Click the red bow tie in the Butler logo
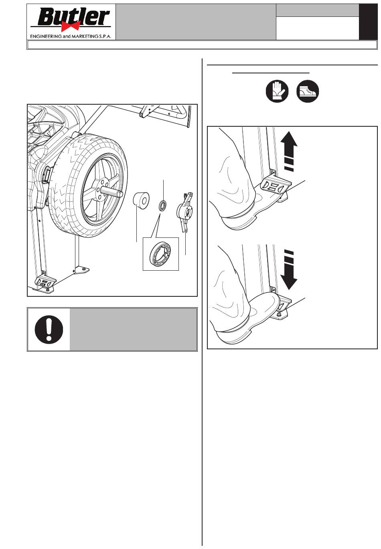(x=71, y=26)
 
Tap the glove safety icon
(x=277, y=91)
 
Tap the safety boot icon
(x=308, y=91)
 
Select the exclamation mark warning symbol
(x=49, y=329)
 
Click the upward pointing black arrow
(x=289, y=151)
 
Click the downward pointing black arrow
(x=289, y=269)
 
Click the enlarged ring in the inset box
(x=160, y=254)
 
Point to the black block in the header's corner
(x=368, y=22)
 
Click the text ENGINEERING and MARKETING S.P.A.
(x=71, y=36)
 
